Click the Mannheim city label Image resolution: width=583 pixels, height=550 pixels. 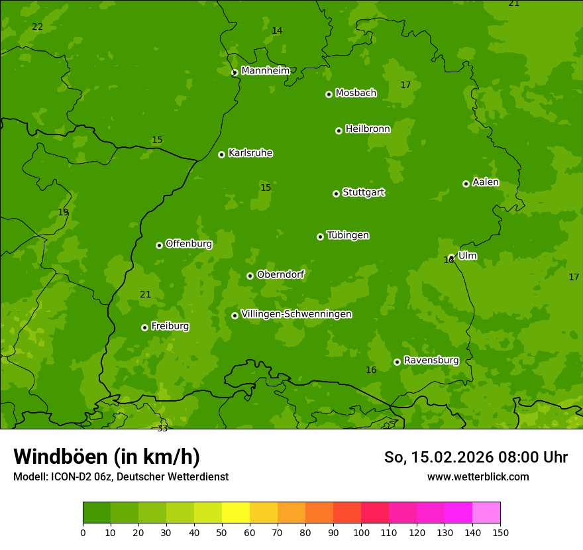[266, 71]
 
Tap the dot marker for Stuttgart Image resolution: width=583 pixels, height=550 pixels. [336, 193]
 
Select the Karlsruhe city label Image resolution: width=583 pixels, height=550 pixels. [250, 153]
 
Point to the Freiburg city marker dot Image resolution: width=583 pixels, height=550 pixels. [144, 327]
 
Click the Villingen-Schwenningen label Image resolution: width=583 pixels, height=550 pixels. [296, 314]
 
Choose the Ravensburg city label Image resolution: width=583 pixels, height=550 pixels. [431, 360]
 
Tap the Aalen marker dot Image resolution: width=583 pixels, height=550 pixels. [466, 184]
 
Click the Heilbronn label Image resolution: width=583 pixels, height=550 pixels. [368, 129]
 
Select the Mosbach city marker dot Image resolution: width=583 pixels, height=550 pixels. [329, 94]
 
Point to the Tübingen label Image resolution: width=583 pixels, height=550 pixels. [348, 235]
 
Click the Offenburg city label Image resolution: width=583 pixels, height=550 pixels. [189, 244]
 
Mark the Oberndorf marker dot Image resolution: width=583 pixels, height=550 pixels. [250, 276]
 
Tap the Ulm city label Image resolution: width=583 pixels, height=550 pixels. [467, 256]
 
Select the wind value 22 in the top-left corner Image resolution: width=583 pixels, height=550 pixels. [38, 27]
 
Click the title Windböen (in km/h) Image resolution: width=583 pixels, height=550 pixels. [107, 457]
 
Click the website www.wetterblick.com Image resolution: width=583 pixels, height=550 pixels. [478, 476]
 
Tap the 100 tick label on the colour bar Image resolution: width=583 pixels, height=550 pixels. [361, 532]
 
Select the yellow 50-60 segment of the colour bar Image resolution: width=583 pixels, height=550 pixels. [236, 513]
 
